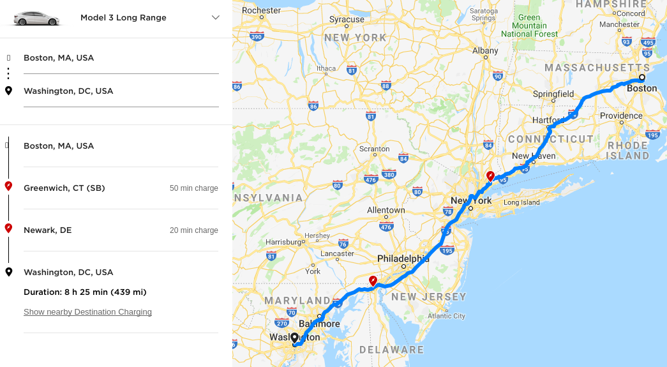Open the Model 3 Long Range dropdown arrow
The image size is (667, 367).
coord(215,18)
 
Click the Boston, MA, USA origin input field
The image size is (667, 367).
coord(121,58)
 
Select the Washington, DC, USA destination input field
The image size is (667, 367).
coord(121,91)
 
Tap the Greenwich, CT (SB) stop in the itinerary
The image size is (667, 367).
coord(64,188)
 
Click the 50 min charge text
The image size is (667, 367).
coord(193,188)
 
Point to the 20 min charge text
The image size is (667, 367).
coord(193,230)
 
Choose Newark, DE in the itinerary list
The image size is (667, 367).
coord(48,230)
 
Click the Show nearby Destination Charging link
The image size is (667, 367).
coord(87,312)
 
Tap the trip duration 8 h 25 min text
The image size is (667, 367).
coord(85,292)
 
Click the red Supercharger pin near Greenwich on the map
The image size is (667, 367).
coord(490,176)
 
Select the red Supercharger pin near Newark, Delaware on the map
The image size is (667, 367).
coord(373,280)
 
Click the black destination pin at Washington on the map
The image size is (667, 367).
coord(294,338)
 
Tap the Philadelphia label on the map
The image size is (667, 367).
coord(403,258)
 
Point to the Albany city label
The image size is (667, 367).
coord(485,50)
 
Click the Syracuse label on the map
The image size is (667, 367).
coord(347,20)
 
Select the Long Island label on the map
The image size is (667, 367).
coord(521,203)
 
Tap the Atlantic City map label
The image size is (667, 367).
coord(447,316)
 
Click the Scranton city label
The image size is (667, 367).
coord(374,149)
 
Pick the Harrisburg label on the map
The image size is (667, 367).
coord(283,242)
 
